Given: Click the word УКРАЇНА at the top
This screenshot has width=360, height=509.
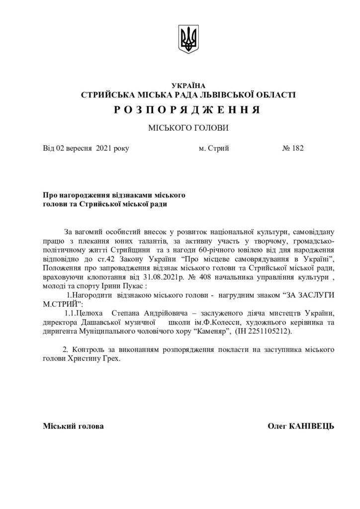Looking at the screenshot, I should tap(187, 86).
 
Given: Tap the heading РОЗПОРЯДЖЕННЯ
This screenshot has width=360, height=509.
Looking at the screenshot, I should tap(187, 109).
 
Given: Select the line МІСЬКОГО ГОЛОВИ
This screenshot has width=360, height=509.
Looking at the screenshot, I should tap(187, 128).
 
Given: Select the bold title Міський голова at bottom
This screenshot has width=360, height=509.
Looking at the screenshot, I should tap(74, 426).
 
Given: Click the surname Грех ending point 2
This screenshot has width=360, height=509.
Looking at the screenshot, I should tap(110, 358).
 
